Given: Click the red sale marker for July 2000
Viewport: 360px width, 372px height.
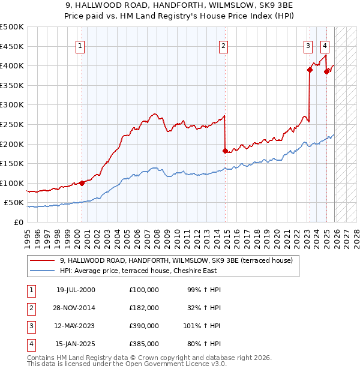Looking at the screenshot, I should (x=82, y=183).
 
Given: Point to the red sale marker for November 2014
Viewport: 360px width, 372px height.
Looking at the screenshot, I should (x=225, y=151).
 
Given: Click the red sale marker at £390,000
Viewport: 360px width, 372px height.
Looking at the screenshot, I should (x=310, y=70).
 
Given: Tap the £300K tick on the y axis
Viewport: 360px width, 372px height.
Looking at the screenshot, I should (x=12, y=104).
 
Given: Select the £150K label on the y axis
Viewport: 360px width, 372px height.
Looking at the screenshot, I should (x=12, y=163).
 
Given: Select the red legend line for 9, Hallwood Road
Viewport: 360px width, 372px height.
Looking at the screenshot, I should (x=42, y=260).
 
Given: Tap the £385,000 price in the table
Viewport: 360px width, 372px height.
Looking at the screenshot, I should (x=143, y=344).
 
